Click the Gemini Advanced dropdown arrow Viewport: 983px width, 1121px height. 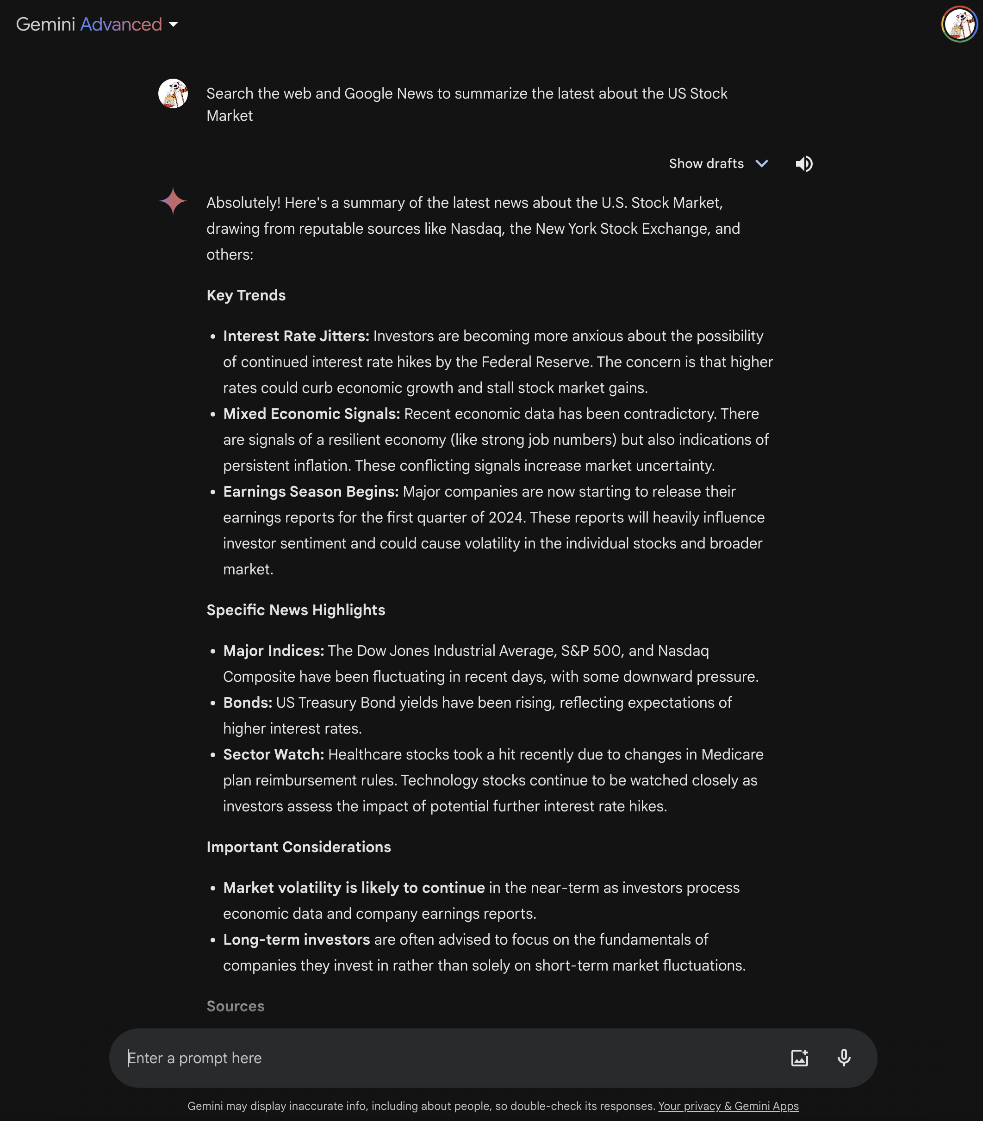(173, 25)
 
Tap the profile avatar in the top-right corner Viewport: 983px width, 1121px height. (959, 24)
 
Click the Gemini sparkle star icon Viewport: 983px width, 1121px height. (173, 201)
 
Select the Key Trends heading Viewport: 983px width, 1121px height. (246, 296)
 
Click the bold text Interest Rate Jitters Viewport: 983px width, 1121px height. (296, 336)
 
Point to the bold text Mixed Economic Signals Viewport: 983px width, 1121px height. (311, 414)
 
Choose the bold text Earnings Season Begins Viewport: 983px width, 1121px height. (310, 492)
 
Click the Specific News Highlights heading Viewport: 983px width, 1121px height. (296, 610)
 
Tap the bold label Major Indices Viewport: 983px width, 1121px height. (273, 651)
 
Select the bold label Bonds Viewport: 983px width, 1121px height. (247, 703)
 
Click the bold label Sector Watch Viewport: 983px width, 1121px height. (273, 754)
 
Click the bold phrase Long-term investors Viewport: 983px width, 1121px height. (296, 940)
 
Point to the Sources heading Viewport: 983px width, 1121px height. (235, 1006)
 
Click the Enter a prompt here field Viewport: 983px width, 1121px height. (439, 1058)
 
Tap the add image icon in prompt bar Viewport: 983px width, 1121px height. (799, 1058)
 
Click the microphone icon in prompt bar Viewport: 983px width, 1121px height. (844, 1058)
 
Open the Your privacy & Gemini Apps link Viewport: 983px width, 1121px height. (728, 1106)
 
